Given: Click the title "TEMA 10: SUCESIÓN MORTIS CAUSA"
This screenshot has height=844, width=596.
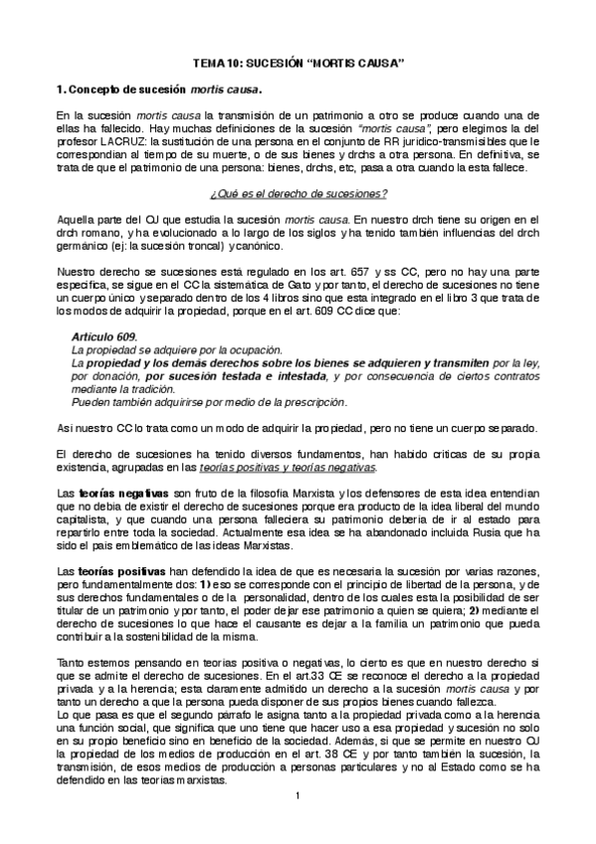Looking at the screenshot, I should (x=298, y=63).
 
